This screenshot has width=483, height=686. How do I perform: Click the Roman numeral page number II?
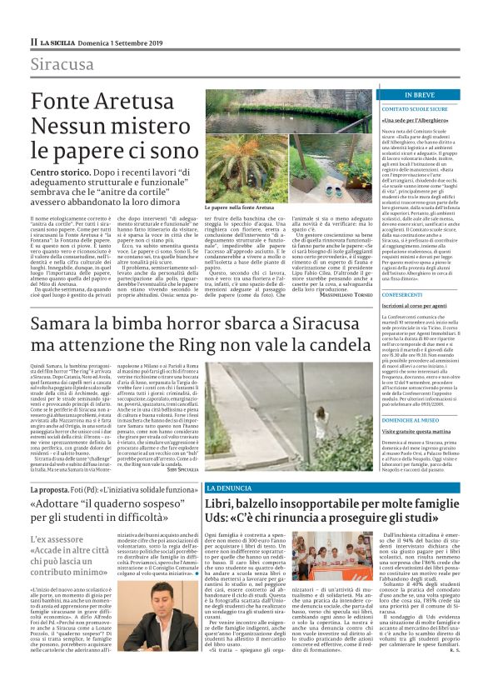coord(33,41)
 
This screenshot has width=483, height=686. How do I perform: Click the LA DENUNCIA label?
coord(226,486)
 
